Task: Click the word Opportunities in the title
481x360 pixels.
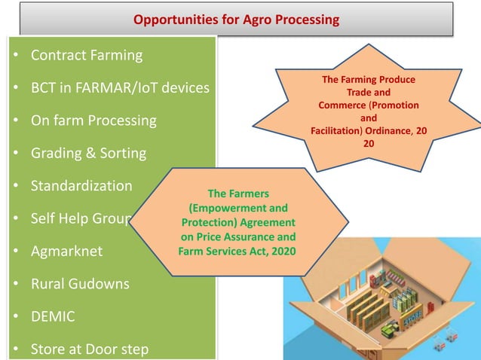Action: coord(173,19)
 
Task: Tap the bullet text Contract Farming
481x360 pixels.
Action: coord(86,55)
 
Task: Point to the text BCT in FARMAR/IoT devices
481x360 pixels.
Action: coord(119,87)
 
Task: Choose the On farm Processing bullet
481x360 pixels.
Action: coord(93,121)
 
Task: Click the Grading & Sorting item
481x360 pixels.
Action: coord(88,153)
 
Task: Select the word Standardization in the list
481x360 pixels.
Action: coord(81,185)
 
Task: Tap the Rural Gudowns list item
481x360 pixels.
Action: coord(80,284)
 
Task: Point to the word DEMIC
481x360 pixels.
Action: coord(53,316)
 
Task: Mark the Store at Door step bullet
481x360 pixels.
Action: coord(89,349)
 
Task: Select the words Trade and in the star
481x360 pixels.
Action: coord(368,92)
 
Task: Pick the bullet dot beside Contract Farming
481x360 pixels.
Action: coord(16,56)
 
